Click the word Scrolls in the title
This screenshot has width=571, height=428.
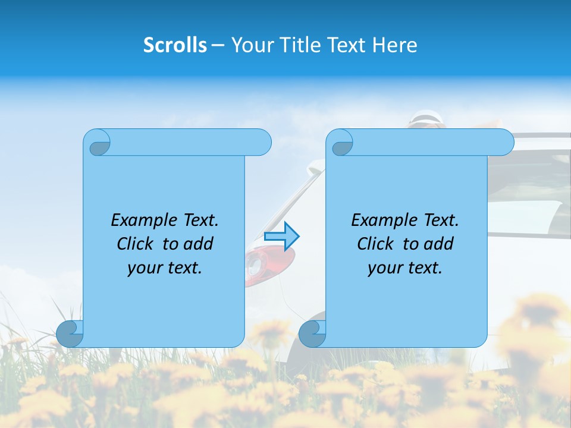(175, 45)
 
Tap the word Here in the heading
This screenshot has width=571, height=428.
(394, 45)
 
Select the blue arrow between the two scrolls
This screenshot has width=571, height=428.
(281, 236)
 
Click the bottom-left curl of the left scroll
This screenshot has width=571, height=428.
(70, 333)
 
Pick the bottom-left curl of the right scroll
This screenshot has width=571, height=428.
(312, 333)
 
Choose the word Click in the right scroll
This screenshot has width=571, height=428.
(375, 244)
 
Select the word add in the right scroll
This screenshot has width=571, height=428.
(438, 244)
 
